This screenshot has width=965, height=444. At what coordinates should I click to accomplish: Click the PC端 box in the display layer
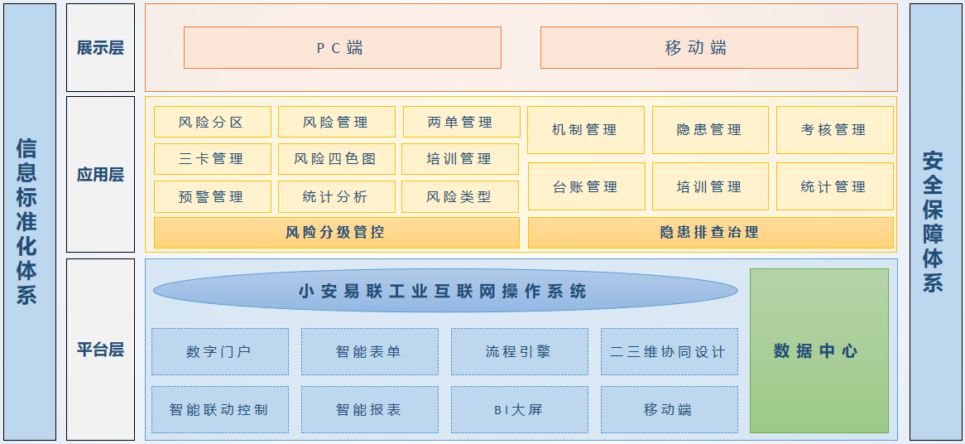[x=342, y=47]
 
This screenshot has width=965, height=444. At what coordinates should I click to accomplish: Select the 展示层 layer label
[x=100, y=47]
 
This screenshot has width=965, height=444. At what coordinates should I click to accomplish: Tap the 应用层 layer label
[x=100, y=174]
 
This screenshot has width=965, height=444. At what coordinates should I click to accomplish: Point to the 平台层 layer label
[x=100, y=349]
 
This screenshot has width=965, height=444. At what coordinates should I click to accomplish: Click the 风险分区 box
[x=212, y=122]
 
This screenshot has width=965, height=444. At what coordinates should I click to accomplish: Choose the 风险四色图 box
[x=335, y=158]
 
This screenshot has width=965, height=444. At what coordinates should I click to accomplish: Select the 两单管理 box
[x=461, y=122]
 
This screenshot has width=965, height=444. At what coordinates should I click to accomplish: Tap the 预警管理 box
[x=212, y=196]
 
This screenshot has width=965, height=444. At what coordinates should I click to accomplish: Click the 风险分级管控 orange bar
[x=336, y=233]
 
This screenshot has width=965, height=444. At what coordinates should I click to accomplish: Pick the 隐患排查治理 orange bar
[x=710, y=233]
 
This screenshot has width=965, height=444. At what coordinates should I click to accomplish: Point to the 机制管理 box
[x=585, y=130]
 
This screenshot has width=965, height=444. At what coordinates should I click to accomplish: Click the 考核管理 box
[x=834, y=130]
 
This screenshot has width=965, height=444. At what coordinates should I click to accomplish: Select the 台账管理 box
[x=585, y=186]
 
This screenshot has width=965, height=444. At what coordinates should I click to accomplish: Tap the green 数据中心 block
[x=819, y=350]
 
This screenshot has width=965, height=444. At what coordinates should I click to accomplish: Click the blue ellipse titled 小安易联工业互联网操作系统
[x=444, y=291]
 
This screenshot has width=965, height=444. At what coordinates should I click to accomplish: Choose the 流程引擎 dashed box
[x=519, y=351]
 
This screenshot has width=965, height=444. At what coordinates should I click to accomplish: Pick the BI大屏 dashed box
[x=519, y=409]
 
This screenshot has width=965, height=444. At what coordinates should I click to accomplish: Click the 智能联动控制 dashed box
[x=219, y=409]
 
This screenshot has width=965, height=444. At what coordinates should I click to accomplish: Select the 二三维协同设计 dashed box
[x=669, y=351]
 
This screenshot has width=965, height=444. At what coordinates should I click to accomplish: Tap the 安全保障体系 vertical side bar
[x=935, y=222]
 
